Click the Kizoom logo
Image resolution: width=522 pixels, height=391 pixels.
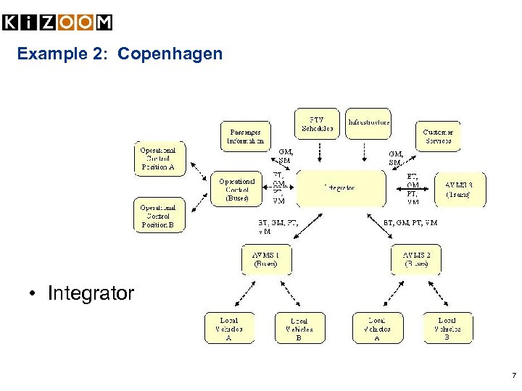[x=58, y=22]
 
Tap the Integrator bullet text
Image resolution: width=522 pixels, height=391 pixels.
[x=91, y=293]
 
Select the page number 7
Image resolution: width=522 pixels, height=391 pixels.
[x=513, y=376]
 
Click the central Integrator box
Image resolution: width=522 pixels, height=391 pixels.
[x=341, y=188]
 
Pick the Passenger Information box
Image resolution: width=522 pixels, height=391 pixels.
[x=246, y=136]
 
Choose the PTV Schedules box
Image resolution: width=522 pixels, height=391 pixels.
[x=317, y=124]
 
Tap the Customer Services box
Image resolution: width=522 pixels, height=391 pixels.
[x=438, y=136]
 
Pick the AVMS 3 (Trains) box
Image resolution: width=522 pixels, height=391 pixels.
[x=460, y=189]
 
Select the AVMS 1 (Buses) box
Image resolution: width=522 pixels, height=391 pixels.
[x=265, y=259]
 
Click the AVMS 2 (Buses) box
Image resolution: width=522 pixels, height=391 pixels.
[x=416, y=259]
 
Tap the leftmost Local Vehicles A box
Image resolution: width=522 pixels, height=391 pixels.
[x=228, y=328]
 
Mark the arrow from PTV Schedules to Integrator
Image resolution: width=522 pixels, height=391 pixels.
[x=320, y=154]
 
